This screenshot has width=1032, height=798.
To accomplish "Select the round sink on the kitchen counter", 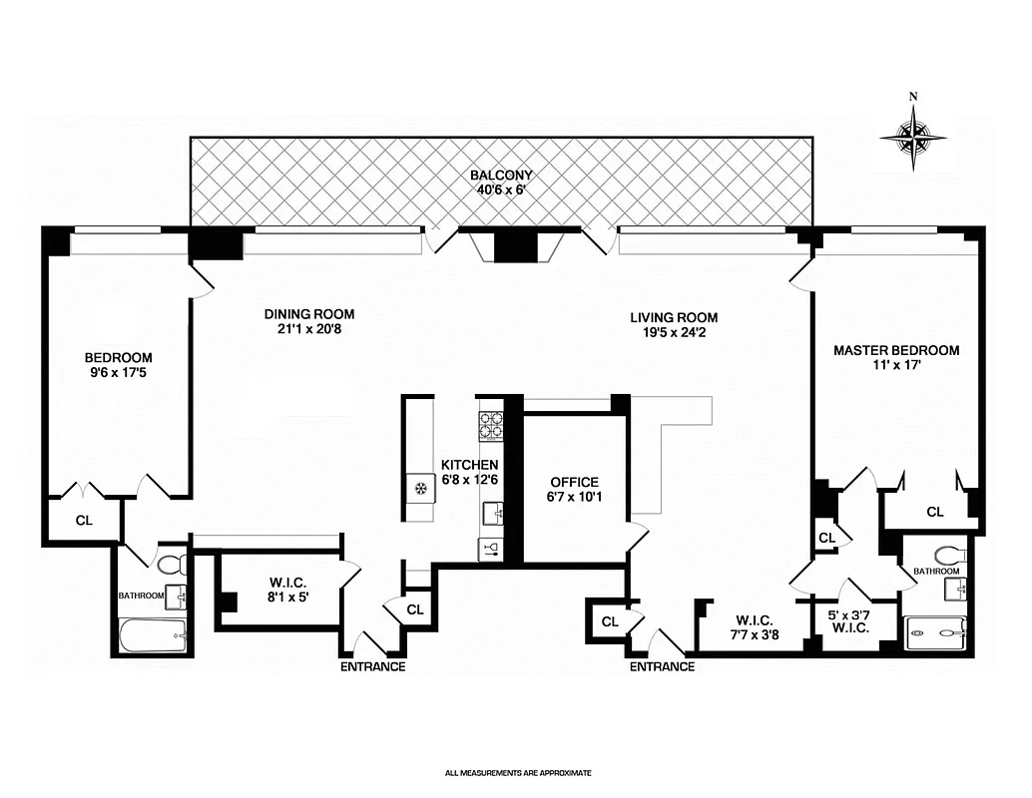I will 420,488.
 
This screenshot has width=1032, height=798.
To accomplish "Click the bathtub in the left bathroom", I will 153,635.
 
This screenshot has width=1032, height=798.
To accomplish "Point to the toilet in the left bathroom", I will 172,565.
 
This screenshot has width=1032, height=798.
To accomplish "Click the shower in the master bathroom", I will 935,632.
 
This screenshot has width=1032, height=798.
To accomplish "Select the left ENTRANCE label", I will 372,666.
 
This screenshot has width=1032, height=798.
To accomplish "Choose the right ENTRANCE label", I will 662,666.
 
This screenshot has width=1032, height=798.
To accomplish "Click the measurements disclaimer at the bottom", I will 518,772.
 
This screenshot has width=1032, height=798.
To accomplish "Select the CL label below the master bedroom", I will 934,512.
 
